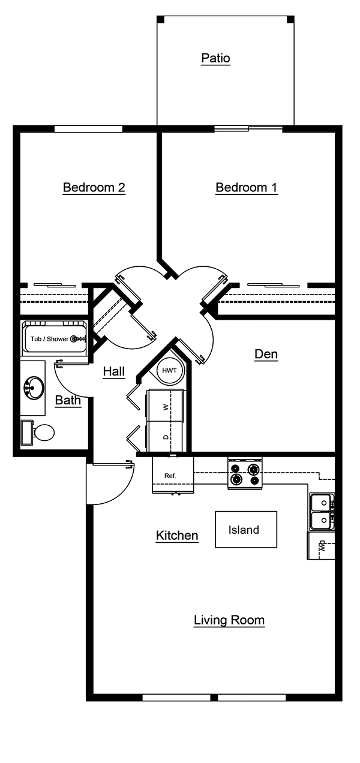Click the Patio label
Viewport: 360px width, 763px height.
(x=215, y=58)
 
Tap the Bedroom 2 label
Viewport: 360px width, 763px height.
(x=94, y=187)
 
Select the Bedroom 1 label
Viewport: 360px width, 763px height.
(x=246, y=187)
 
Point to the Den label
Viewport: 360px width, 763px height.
(x=266, y=354)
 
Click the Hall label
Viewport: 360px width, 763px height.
(x=113, y=371)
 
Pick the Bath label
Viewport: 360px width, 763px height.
(x=68, y=400)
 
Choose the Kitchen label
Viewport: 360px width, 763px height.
(x=177, y=535)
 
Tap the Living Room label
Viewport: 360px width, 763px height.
(x=229, y=620)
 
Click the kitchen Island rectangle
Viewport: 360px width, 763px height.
(x=246, y=530)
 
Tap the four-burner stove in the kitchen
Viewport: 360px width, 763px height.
(x=245, y=474)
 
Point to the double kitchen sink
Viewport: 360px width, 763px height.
(x=321, y=511)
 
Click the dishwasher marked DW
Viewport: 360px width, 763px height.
(x=321, y=546)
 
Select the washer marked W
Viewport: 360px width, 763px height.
(x=165, y=406)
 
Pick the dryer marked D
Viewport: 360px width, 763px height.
(x=165, y=437)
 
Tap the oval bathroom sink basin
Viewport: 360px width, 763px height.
(x=34, y=387)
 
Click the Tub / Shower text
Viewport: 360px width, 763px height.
(x=50, y=339)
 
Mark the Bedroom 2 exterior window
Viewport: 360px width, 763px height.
(x=88, y=128)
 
